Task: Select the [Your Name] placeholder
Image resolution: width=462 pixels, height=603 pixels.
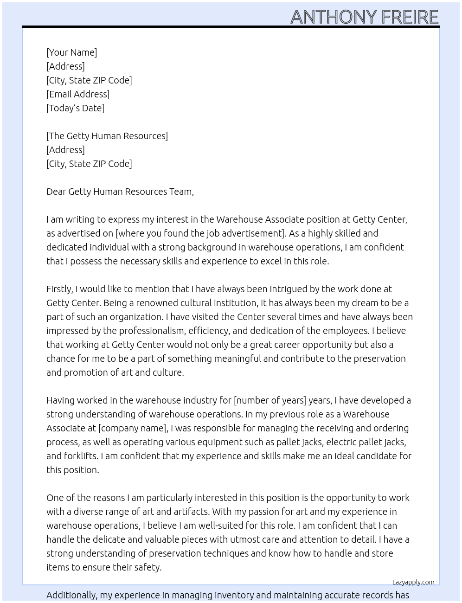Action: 71,52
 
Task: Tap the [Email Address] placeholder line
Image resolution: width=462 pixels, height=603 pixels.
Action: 78,94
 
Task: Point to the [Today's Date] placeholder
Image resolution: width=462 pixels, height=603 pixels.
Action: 75,108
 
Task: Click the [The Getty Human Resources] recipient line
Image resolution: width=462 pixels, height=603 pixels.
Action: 107,136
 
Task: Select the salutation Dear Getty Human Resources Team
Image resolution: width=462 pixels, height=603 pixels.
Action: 120,192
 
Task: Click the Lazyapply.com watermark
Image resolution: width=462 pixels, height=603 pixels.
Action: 413,582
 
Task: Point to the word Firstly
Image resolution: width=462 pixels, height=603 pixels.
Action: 59,289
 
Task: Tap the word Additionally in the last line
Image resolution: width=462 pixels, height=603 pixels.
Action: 72,595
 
